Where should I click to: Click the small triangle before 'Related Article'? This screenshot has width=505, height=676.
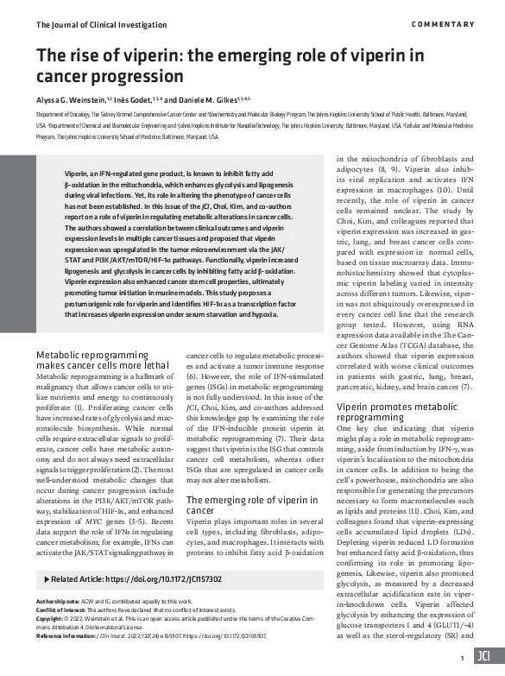point(45,578)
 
